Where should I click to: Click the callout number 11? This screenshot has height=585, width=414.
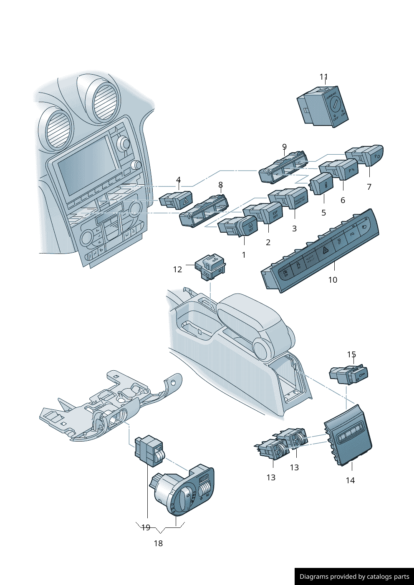click(x=323, y=77)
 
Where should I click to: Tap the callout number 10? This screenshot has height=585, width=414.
click(x=333, y=280)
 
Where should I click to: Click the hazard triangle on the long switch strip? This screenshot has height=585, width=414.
click(x=324, y=251)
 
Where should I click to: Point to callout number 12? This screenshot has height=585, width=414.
click(x=177, y=270)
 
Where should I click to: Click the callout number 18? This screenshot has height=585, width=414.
click(x=158, y=543)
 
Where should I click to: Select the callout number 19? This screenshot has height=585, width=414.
click(x=146, y=528)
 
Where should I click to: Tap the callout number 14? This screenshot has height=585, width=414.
click(x=350, y=480)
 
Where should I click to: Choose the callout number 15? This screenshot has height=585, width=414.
click(x=351, y=354)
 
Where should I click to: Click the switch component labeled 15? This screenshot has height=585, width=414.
click(x=350, y=374)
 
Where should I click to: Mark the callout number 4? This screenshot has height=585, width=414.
click(x=178, y=180)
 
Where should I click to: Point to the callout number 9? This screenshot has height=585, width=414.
click(x=284, y=147)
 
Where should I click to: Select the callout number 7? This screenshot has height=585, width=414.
click(x=369, y=187)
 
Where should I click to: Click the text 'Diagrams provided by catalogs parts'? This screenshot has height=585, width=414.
click(x=354, y=577)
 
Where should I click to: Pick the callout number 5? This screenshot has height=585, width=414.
click(x=323, y=213)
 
